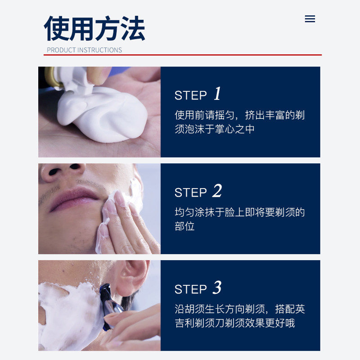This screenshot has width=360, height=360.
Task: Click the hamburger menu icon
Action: click(310, 19)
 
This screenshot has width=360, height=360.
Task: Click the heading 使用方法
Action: click(94, 29)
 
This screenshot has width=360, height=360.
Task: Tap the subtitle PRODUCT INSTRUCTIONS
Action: click(84, 50)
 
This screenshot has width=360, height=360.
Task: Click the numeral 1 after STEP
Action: click(217, 94)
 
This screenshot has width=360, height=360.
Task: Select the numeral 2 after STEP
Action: click(217, 191)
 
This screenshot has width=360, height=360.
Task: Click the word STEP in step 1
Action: click(191, 95)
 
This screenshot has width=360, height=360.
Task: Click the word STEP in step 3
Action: click(191, 289)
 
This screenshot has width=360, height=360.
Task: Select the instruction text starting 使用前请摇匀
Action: click(239, 122)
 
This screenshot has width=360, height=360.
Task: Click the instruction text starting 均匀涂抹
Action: click(239, 219)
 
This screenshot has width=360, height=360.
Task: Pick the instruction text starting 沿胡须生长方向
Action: click(239, 316)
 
